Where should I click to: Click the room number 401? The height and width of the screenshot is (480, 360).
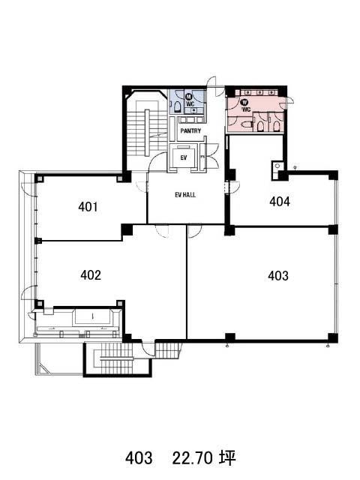[88, 207]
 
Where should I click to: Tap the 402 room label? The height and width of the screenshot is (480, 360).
[91, 275]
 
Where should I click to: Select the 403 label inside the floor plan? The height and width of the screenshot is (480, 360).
[278, 276]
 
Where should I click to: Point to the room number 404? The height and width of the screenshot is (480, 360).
[280, 202]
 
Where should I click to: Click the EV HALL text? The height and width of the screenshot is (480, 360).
[185, 195]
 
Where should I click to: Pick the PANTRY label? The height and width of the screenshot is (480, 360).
[190, 130]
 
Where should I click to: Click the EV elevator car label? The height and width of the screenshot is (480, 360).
[184, 158]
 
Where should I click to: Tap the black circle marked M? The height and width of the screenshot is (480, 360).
[189, 97]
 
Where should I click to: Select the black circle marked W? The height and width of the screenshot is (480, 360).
[245, 102]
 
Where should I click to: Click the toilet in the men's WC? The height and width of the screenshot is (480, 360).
[177, 106]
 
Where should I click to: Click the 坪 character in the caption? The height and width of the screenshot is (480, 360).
[226, 458]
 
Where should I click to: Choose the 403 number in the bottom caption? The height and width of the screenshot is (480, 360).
[139, 458]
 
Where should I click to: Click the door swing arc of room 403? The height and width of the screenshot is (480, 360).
[195, 232]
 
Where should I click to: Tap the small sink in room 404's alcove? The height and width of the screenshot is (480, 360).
[277, 166]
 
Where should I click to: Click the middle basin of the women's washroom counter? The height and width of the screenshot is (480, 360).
[259, 92]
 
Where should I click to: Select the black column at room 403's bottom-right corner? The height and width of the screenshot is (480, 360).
[333, 337]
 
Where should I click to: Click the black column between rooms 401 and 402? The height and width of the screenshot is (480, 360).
[127, 229]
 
